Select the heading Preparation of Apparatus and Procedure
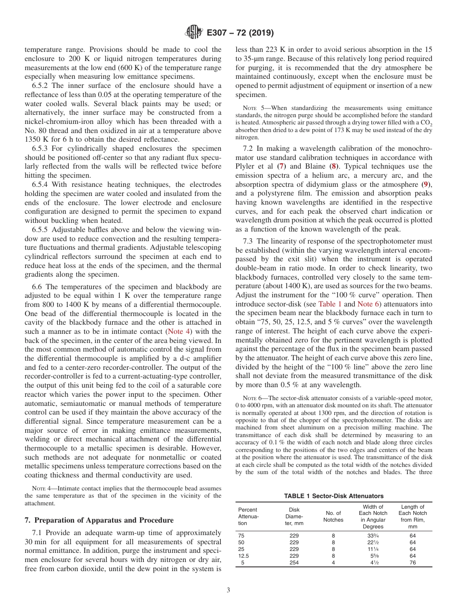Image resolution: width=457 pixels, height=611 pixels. click(99, 520)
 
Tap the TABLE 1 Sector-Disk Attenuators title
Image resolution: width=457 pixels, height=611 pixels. click(334, 496)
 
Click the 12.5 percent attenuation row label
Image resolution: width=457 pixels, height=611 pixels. click(244, 556)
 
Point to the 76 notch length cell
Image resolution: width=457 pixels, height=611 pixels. click(413, 563)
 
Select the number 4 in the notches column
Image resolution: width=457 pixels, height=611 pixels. click(333, 563)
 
